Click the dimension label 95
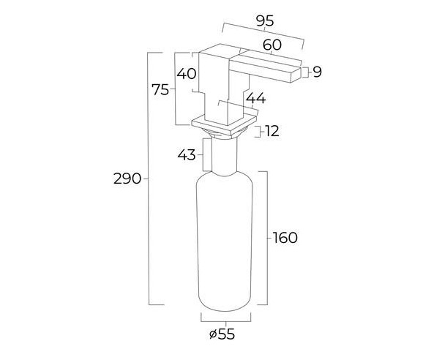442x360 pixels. [265, 21]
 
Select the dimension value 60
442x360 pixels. [272, 45]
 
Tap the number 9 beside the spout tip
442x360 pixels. [317, 72]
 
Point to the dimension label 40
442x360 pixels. [187, 74]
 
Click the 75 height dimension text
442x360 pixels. [160, 90]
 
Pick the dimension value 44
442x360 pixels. [256, 98]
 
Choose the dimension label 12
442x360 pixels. [272, 131]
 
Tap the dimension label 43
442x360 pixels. [187, 155]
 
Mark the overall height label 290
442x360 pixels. [127, 179]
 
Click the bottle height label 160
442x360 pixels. [285, 238]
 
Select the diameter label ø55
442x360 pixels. [222, 334]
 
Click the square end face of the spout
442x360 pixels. [296, 75]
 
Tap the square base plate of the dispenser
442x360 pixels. [224, 124]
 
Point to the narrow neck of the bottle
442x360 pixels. [224, 157]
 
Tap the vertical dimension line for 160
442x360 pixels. [267, 238]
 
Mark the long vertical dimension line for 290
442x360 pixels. [149, 179]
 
